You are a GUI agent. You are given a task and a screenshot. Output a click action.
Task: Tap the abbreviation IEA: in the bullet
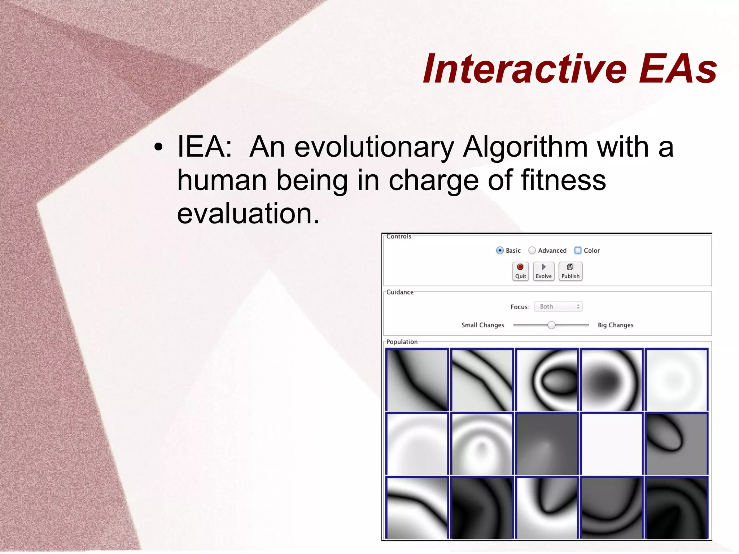click(x=205, y=147)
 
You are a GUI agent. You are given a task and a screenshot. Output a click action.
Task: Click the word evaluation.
click(x=248, y=213)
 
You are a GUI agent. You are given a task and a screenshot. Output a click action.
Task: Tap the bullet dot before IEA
click(x=158, y=147)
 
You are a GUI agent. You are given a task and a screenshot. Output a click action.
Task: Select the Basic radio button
click(x=500, y=250)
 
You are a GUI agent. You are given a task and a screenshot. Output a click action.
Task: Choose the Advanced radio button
click(x=532, y=250)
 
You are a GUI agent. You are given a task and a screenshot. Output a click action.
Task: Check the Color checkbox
click(x=578, y=250)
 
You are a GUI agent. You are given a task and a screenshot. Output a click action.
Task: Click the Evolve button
click(x=543, y=271)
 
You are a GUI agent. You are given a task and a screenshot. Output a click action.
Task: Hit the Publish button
click(x=570, y=271)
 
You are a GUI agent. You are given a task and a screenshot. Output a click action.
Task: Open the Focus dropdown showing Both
click(x=558, y=306)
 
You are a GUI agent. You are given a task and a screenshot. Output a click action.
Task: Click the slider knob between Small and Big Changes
click(x=551, y=325)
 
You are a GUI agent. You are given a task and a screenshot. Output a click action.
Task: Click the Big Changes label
click(x=615, y=325)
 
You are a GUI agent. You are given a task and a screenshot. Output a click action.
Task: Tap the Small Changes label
click(x=482, y=325)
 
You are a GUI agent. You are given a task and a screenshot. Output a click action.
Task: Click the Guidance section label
click(x=400, y=292)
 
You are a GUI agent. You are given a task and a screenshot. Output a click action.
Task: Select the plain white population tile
click(x=612, y=444)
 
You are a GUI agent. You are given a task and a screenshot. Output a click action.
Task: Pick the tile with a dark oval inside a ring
click(x=547, y=380)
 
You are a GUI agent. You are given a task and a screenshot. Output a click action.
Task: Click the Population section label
click(x=402, y=342)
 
